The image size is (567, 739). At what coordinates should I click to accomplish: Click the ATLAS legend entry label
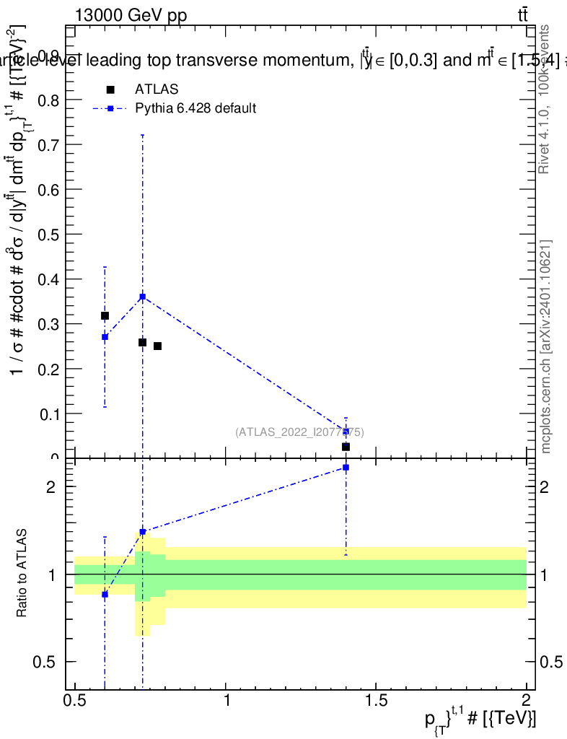pyautogui.click(x=157, y=89)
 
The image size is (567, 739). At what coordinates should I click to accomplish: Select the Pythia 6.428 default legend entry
pyautogui.click(x=195, y=108)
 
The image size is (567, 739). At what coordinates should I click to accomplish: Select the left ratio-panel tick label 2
pyautogui.click(x=51, y=487)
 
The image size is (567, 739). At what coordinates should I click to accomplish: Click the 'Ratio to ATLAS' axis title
pyautogui.click(x=22, y=574)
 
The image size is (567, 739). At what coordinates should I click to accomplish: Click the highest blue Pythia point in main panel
pyautogui.click(x=143, y=297)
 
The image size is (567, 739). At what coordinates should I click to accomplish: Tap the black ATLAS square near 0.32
pyautogui.click(x=105, y=315)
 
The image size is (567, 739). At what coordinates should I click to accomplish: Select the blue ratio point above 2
pyautogui.click(x=346, y=467)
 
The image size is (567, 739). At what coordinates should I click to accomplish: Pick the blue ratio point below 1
pyautogui.click(x=105, y=594)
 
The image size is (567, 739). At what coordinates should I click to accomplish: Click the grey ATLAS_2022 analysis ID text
pyautogui.click(x=299, y=432)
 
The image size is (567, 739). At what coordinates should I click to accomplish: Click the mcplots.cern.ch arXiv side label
pyautogui.click(x=546, y=346)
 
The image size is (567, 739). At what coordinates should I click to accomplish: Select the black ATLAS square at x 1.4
pyautogui.click(x=346, y=447)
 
